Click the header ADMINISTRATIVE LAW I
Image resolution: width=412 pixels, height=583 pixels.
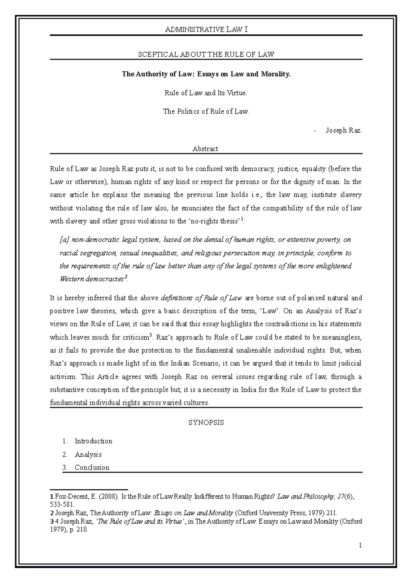pos(206,30)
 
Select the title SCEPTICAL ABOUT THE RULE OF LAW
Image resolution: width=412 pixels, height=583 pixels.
pos(206,54)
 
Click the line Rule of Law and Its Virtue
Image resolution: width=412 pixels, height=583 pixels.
pos(206,93)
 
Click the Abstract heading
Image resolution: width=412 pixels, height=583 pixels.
pos(205,149)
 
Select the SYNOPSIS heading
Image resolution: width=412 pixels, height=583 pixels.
pos(206,423)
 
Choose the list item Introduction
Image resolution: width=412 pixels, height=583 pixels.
pos(93,441)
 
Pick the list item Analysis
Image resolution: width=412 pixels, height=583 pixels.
pos(88,454)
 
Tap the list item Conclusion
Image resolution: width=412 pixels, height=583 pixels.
pos(92,467)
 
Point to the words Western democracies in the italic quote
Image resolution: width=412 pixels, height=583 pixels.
pos(91,279)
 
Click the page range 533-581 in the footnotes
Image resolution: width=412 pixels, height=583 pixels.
pos(62,505)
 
